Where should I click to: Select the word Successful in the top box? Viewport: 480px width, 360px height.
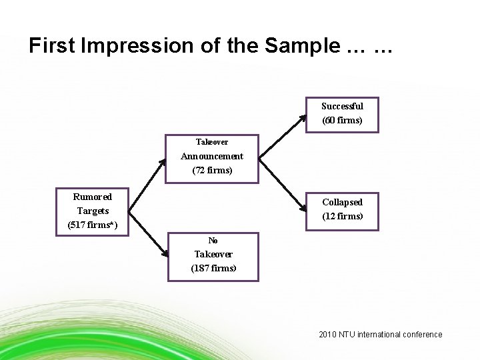342,106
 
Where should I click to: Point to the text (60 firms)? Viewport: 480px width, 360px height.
342,121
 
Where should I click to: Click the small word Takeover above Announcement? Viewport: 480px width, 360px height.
212,142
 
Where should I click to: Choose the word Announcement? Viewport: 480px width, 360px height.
212,156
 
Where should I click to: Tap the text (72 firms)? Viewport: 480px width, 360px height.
212,170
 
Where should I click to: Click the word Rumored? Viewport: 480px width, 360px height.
93,197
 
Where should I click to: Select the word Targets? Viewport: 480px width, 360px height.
93,211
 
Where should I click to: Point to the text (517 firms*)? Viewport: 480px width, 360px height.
93,225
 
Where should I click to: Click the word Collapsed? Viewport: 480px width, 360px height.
342,202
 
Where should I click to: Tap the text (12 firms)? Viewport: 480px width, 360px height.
342,216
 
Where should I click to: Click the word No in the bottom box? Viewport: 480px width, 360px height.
213,240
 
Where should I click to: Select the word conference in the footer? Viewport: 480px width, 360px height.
421,335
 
